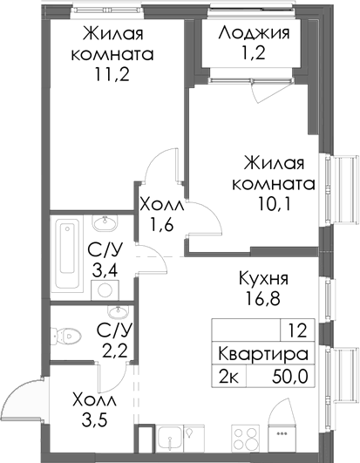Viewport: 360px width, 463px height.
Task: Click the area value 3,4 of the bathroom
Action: tap(108, 271)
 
